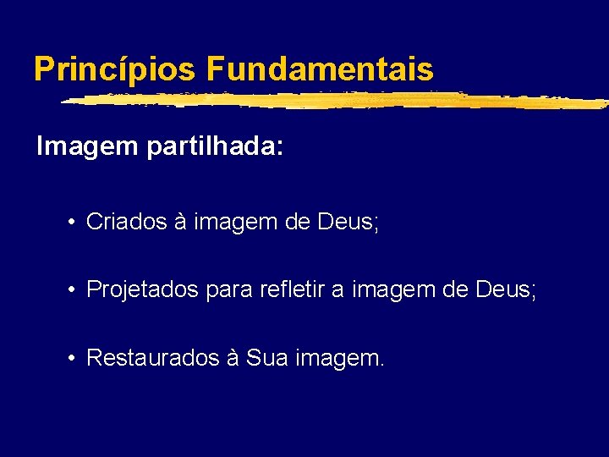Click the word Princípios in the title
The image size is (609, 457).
coord(115,69)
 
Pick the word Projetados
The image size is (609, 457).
coord(139,290)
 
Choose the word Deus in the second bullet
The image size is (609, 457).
coord(505,290)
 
